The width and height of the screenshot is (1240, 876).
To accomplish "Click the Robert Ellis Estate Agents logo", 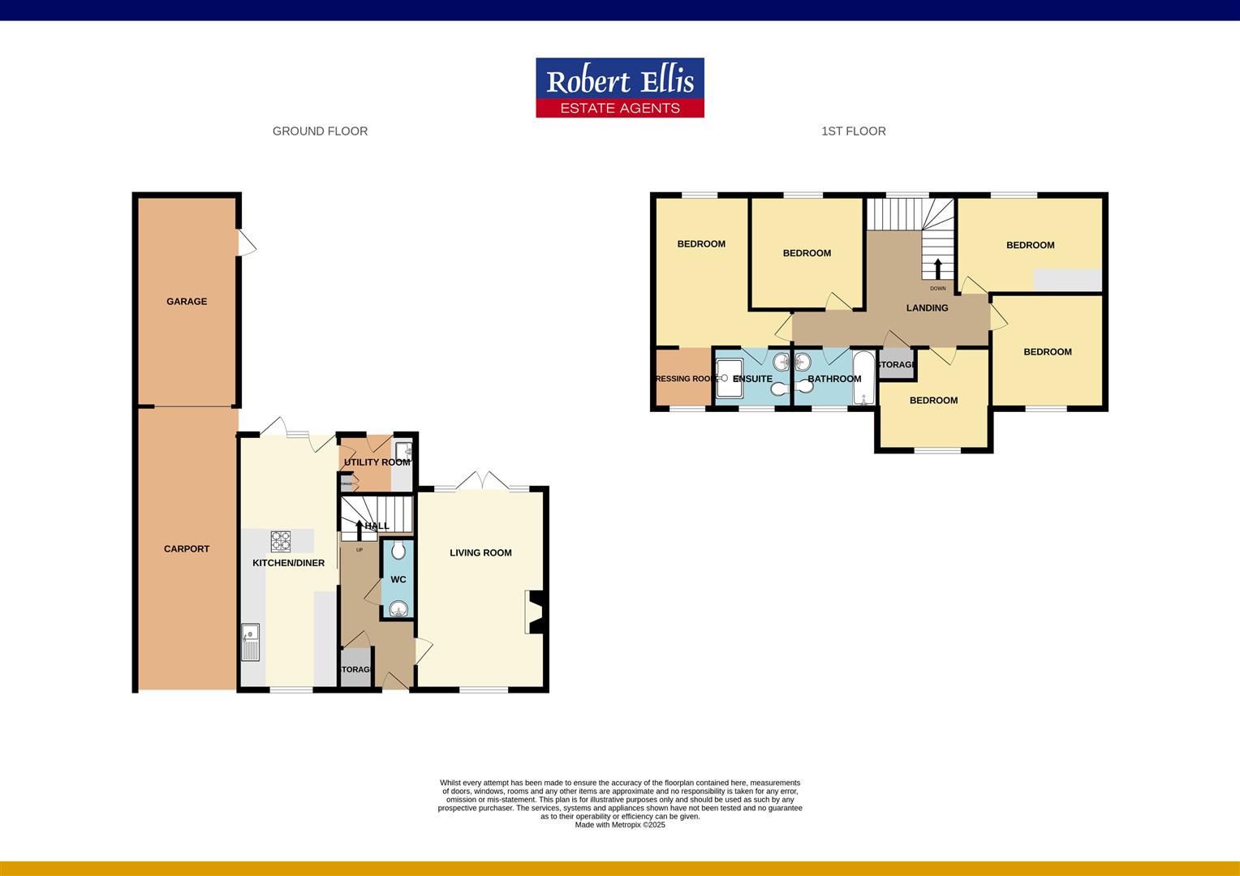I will (619, 88).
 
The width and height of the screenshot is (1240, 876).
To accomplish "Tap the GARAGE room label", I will (187, 301).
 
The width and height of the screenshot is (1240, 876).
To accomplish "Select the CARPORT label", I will (187, 548).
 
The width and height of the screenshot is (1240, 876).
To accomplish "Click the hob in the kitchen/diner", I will (281, 541).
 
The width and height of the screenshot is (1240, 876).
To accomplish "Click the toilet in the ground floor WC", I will (398, 552).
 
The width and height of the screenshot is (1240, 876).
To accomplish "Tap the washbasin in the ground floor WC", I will (398, 609).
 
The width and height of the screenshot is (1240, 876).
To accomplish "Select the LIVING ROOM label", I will (480, 552).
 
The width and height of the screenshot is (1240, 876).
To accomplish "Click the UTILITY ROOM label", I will (377, 462).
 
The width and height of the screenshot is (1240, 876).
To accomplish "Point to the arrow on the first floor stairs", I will (938, 268).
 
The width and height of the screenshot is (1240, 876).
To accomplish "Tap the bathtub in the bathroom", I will (863, 378).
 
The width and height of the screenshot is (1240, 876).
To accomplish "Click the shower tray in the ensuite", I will (728, 379).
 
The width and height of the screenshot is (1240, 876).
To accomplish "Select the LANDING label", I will (927, 307).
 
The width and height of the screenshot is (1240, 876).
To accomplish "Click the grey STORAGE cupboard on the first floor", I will (896, 365).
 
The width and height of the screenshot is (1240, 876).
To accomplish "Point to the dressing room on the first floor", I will (683, 379).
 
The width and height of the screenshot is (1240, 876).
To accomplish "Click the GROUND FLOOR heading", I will (320, 131).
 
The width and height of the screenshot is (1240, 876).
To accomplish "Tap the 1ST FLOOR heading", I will (853, 131).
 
